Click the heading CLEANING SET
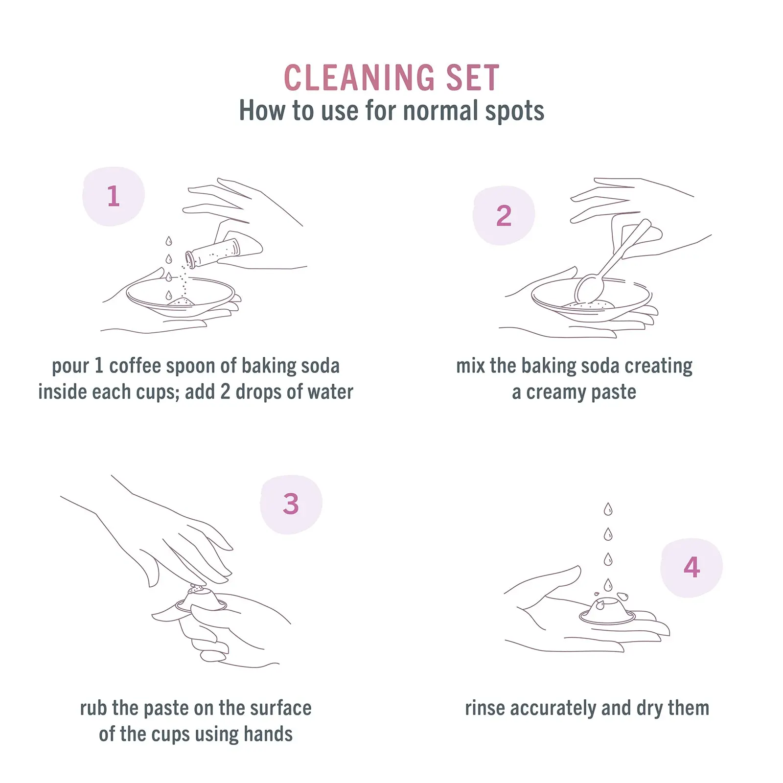coord(391,78)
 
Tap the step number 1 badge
coord(114,196)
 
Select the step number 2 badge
coord(504,215)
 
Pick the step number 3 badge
coord(291,504)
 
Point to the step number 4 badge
coord(691,568)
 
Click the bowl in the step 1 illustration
coord(180,296)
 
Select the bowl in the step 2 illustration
coord(591,299)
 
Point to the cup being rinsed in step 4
coord(607,611)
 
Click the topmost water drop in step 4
coord(608,509)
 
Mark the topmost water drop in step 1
coord(169,241)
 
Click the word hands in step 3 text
coord(268,734)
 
